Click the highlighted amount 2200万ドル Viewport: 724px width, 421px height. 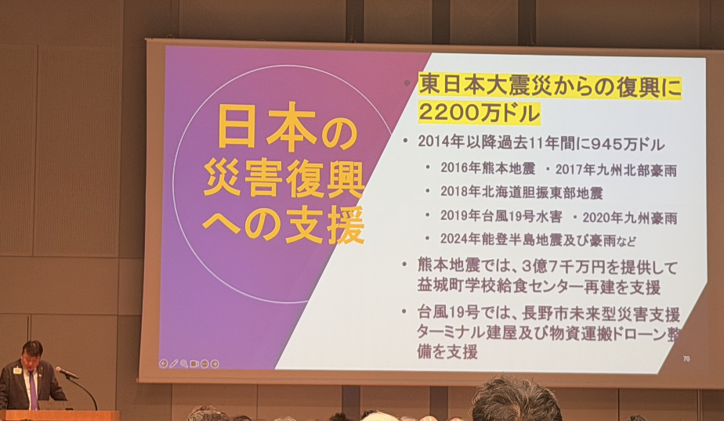pyautogui.click(x=479, y=113)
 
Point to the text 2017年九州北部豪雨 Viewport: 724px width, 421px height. pyautogui.click(x=616, y=170)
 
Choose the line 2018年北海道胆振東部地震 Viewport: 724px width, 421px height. pyautogui.click(x=521, y=193)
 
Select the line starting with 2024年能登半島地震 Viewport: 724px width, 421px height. pyautogui.click(x=538, y=239)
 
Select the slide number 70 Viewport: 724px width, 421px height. pyautogui.click(x=686, y=358)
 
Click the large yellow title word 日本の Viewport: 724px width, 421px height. pyautogui.click(x=288, y=128)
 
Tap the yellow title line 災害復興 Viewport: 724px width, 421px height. pyautogui.click(x=284, y=179)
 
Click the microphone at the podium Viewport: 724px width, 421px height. pyautogui.click(x=67, y=372)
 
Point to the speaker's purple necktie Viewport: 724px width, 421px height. pyautogui.click(x=33, y=390)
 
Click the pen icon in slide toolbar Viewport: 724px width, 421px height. pyautogui.click(x=174, y=363)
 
